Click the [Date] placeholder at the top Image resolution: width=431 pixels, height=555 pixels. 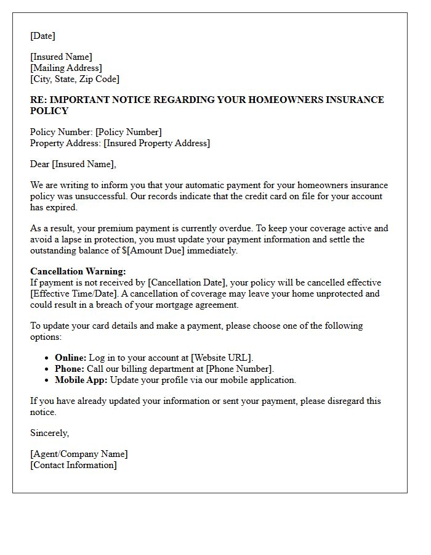click(x=42, y=36)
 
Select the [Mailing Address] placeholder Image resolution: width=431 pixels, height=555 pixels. click(x=66, y=68)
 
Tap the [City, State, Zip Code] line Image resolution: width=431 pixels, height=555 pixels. click(x=75, y=79)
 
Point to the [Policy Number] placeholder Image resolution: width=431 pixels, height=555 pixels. click(x=128, y=132)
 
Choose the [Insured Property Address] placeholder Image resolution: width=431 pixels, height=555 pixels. click(x=156, y=143)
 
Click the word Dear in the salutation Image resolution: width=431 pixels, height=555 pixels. click(x=40, y=164)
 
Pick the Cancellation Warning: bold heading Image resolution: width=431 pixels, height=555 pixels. click(x=78, y=271)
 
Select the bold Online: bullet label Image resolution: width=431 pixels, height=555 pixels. click(x=70, y=358)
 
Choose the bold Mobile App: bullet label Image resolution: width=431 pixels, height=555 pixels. click(x=81, y=380)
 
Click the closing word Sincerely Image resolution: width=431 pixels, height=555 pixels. click(x=49, y=433)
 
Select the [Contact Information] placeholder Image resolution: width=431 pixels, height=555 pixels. click(x=73, y=465)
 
